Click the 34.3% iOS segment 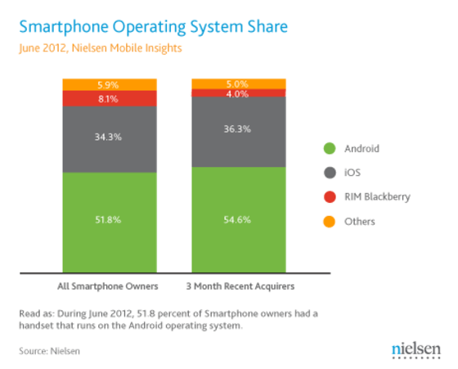110,137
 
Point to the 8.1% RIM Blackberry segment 110,99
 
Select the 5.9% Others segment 110,84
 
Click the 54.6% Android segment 238,219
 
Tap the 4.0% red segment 238,92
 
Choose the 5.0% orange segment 238,83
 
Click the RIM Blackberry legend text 377,198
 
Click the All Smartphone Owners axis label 110,286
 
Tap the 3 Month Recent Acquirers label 238,286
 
